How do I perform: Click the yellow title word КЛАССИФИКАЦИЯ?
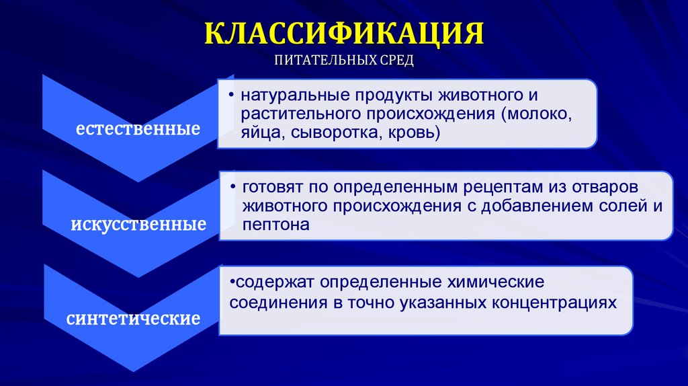pyautogui.click(x=343, y=34)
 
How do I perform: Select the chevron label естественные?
pyautogui.click(x=138, y=128)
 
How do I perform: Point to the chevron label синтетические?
pyautogui.click(x=133, y=317)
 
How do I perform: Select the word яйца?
pyautogui.click(x=256, y=133)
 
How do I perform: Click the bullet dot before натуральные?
pyautogui.click(x=232, y=94)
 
